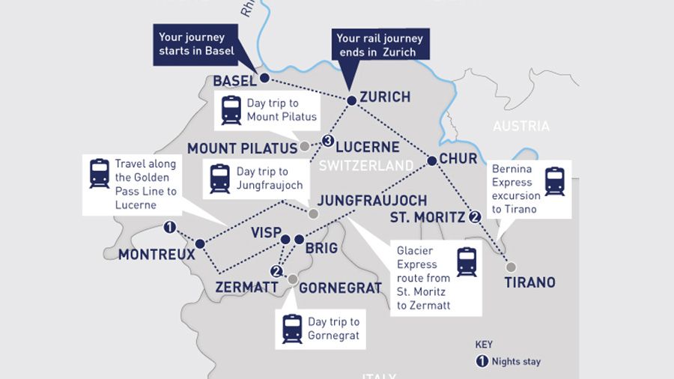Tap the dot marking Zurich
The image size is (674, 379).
pos(351,100)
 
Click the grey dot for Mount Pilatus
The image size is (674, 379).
pos(305,147)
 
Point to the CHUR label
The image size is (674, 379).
pos(458,159)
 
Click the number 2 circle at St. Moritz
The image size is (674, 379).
pos(475,218)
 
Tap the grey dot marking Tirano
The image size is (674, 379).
pos(511,267)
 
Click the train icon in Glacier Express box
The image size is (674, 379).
pos(467,262)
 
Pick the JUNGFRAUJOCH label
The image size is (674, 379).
pos(371,201)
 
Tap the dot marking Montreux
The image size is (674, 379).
pos(200,243)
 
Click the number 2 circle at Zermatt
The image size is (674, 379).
pos(276,271)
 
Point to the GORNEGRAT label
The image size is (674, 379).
pos(340,288)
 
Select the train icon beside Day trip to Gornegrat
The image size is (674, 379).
pos(292,329)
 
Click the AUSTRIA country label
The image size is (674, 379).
pos(520,127)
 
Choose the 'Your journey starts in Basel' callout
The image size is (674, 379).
pos(196,44)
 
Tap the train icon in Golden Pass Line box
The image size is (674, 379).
pos(99,173)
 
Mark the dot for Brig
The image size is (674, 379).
pos(299,240)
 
